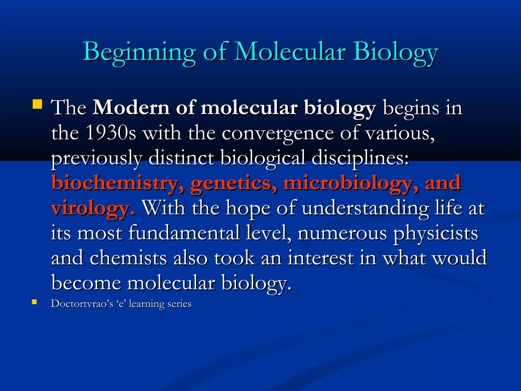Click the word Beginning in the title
[139, 52]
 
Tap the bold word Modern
[131, 108]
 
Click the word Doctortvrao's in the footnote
[82, 304]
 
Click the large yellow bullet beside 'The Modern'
[37, 104]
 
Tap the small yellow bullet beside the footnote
[34, 302]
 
